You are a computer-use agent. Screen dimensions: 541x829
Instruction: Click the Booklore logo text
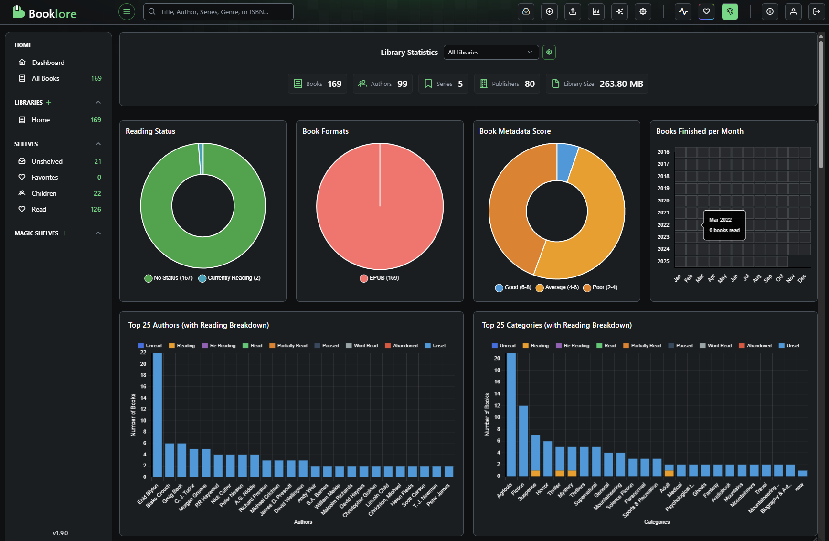(x=52, y=13)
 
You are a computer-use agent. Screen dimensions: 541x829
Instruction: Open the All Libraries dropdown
(x=490, y=53)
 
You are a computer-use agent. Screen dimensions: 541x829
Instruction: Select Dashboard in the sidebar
(x=48, y=63)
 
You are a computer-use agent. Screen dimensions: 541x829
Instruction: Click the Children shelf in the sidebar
(x=44, y=193)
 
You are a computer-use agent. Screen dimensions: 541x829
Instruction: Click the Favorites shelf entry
(x=45, y=177)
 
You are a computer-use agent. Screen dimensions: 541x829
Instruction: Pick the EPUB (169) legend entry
(x=380, y=278)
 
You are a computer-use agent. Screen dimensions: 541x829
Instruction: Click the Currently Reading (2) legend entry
(x=230, y=278)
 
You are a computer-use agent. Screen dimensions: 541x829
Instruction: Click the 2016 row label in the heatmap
(x=663, y=152)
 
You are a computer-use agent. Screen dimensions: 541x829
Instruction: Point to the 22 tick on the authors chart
(x=143, y=353)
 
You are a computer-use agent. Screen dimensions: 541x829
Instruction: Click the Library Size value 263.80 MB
(x=621, y=84)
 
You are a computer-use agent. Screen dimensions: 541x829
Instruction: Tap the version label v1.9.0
(x=60, y=533)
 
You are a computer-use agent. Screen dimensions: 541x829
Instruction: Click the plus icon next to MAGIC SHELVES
(x=64, y=233)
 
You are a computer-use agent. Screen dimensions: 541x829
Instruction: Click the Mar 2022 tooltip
(x=724, y=225)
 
